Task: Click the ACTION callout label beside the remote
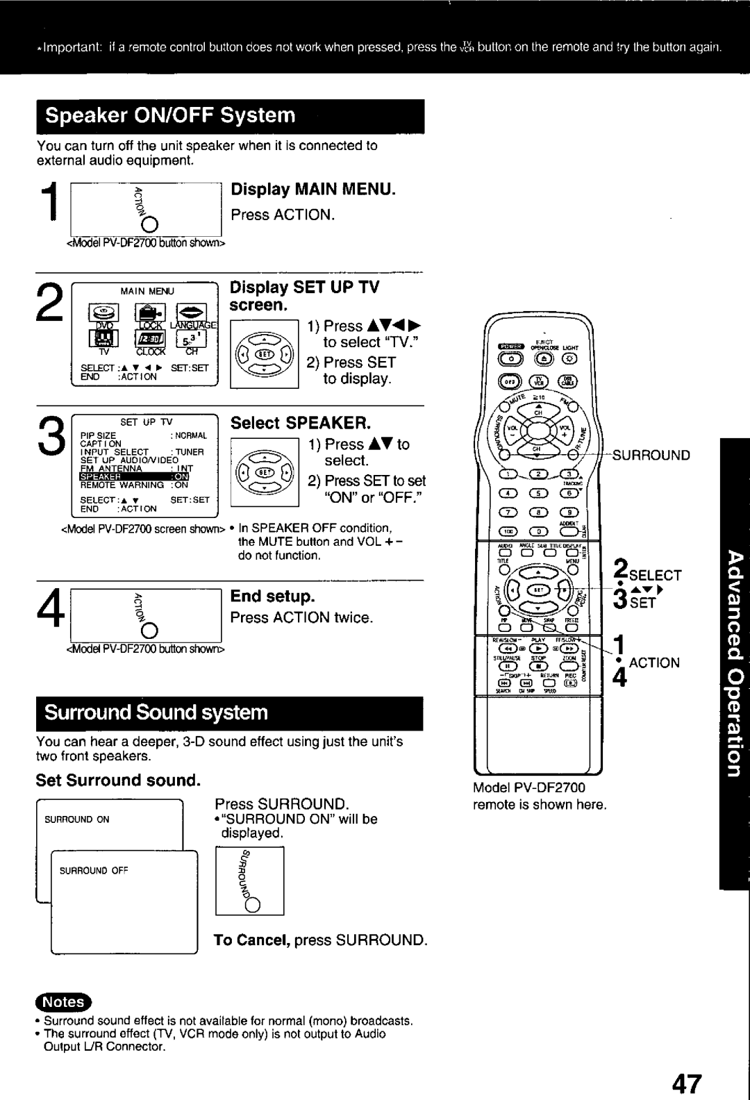(x=655, y=662)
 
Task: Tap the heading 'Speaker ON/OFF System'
(x=171, y=115)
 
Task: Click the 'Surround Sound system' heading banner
(x=157, y=712)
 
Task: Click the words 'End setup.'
(x=273, y=597)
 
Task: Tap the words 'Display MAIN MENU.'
(x=312, y=190)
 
